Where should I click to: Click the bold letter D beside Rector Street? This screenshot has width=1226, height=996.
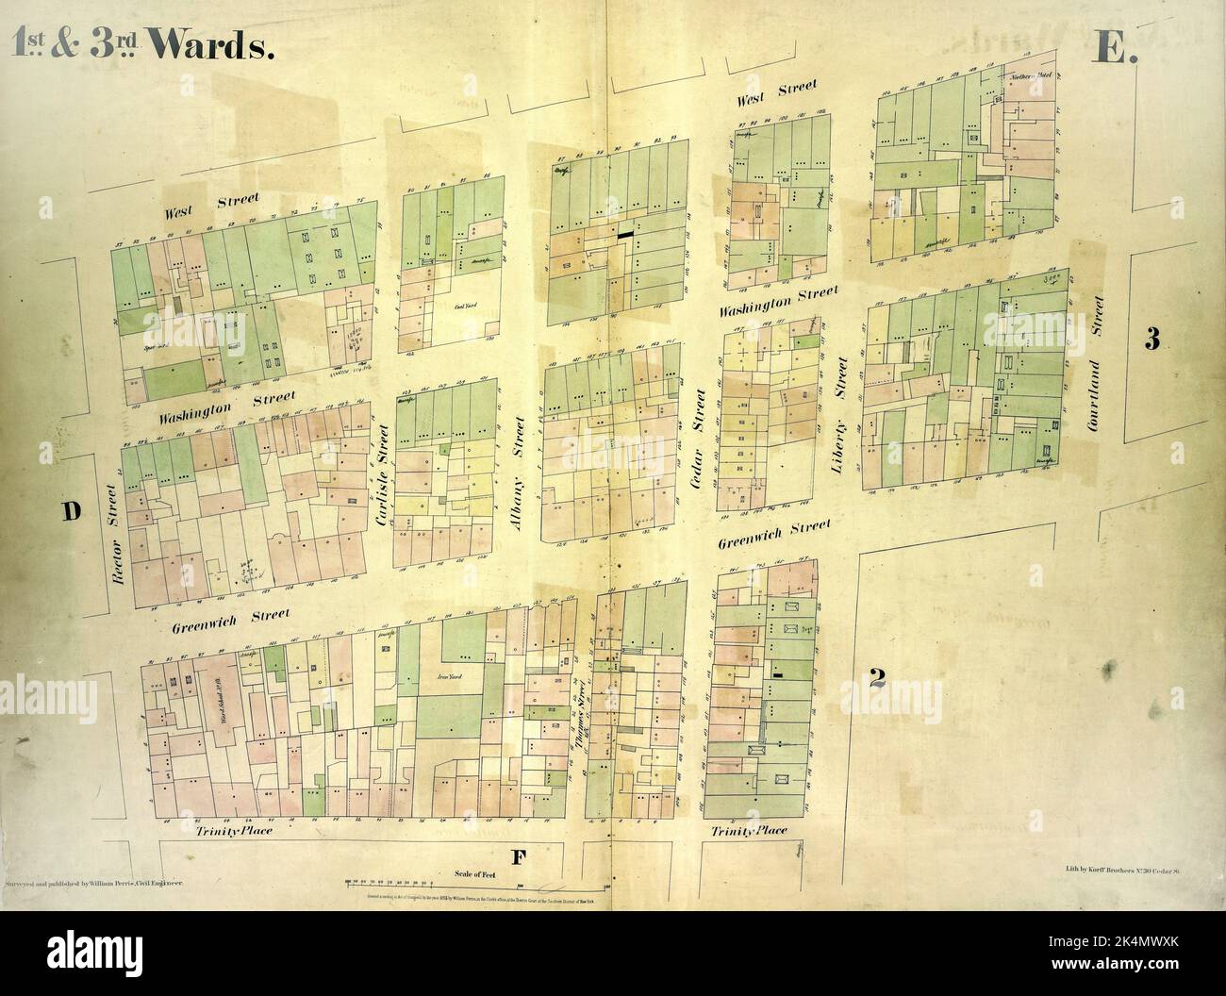click(x=70, y=511)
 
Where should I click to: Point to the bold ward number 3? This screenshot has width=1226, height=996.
click(x=1151, y=340)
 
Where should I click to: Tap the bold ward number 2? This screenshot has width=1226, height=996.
click(x=876, y=677)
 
